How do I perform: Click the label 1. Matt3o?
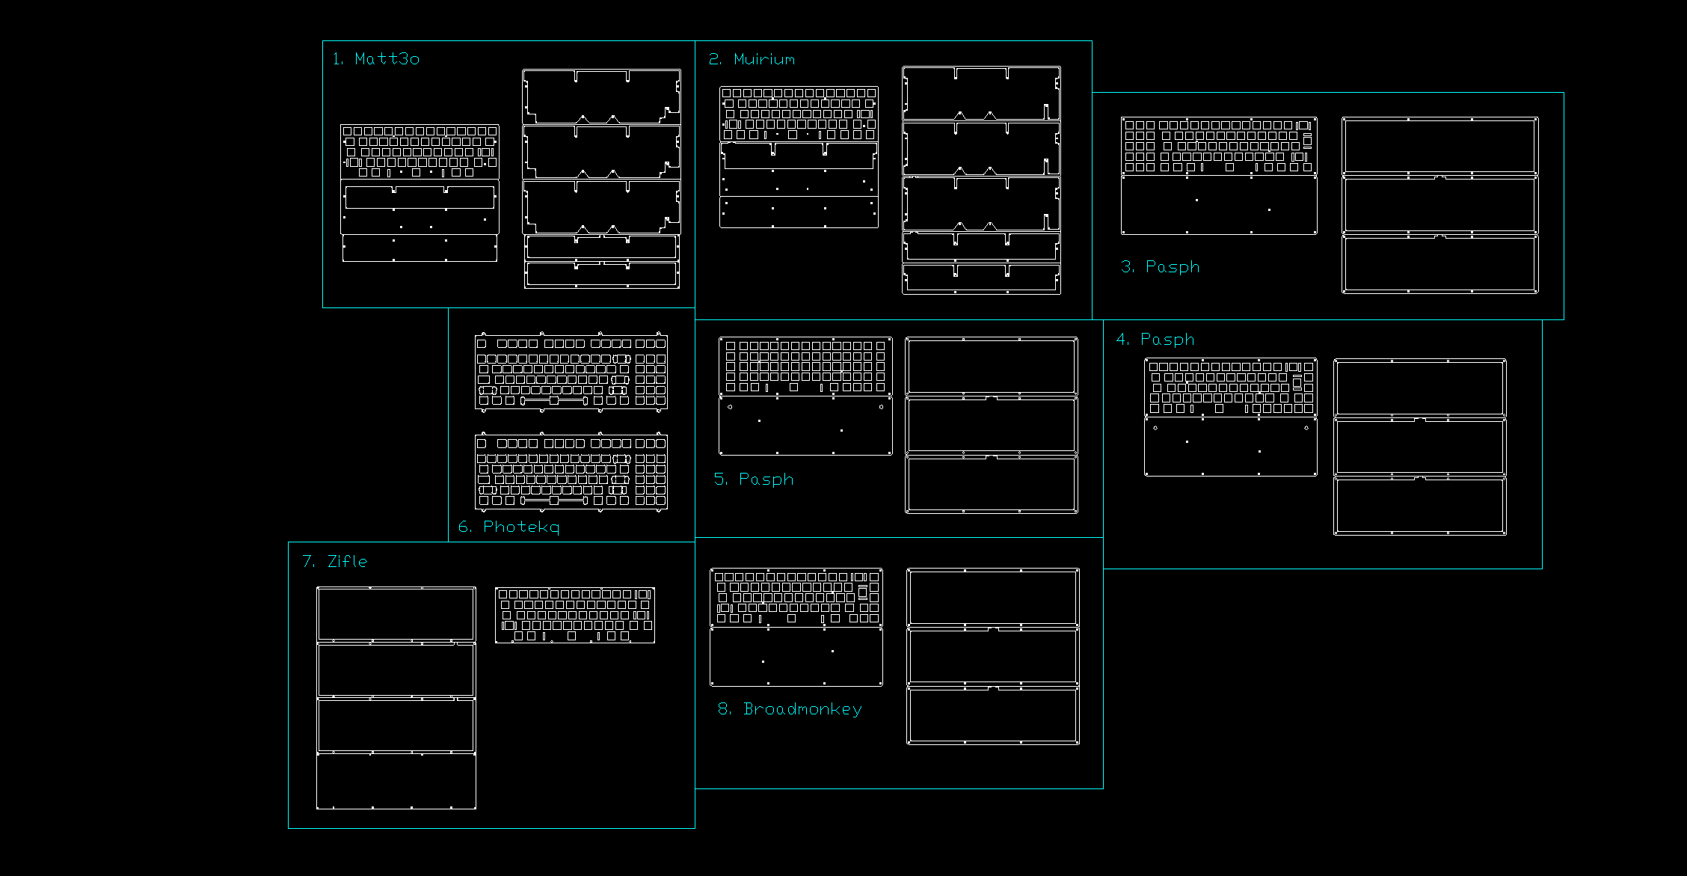pos(376,59)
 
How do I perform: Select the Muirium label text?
pos(752,60)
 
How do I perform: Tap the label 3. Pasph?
pos(1161,267)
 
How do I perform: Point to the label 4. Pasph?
pos(1155,340)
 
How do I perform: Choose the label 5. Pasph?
pos(754,480)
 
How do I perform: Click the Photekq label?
pos(509,527)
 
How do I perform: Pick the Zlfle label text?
pos(335,562)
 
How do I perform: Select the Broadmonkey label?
pos(790,709)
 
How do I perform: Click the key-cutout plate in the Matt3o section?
pos(420,152)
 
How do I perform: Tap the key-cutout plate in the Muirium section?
pos(799,114)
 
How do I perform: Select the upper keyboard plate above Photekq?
pos(571,372)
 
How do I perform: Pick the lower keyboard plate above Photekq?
pos(571,472)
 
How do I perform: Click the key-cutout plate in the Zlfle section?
pos(575,615)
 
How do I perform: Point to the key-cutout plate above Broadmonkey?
pos(796,598)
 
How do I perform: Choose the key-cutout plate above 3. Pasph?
pos(1219,146)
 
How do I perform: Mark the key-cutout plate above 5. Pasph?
pos(805,367)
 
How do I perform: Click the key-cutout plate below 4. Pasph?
pos(1231,388)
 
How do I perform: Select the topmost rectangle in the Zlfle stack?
pos(396,614)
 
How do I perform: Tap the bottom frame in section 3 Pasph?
pos(1439,264)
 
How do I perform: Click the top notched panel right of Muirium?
pos(981,94)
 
